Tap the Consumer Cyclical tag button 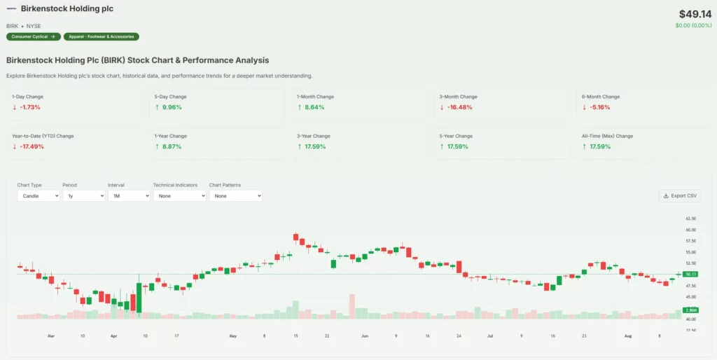pos(33,36)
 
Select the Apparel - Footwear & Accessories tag pos(101,36)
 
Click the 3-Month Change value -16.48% pos(459,107)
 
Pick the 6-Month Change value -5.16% pos(599,107)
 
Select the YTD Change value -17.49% pos(31,146)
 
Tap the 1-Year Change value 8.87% pos(172,146)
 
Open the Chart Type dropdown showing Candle pos(39,196)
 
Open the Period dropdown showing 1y pos(83,196)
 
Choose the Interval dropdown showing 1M pos(129,196)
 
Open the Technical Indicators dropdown pos(179,196)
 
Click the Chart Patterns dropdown pos(235,196)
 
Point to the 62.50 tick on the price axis pos(691,219)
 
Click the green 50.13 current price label pos(691,274)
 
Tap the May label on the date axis pos(233,336)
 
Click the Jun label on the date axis pos(365,336)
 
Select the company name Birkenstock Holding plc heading pos(67,9)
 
